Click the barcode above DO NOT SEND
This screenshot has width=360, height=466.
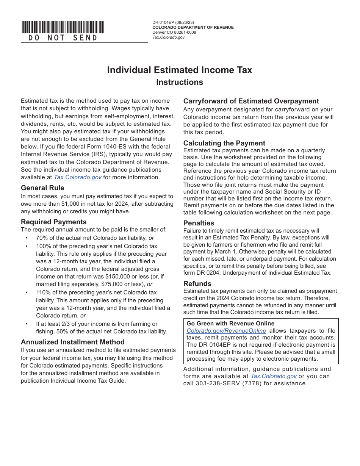tap(62, 27)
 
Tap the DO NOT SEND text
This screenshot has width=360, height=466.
tap(63, 38)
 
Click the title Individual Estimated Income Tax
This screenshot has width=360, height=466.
tap(180, 70)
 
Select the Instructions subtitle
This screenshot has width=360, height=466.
tap(180, 82)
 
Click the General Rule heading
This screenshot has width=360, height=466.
tap(42, 188)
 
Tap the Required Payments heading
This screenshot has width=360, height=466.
tap(53, 222)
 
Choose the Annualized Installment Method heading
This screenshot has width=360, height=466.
tap(72, 342)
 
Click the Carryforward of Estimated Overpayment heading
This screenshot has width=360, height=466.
tap(251, 101)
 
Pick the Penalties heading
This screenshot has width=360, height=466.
tap(199, 223)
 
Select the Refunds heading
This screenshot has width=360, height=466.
tap(197, 284)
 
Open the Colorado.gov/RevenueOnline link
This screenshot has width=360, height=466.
tap(226, 331)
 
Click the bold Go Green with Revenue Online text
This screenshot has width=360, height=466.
tap(230, 324)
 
